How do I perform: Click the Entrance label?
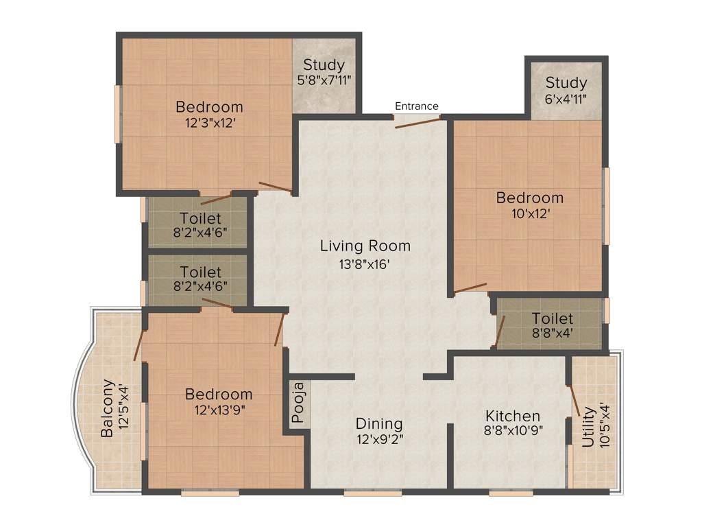416,106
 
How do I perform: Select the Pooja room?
298,406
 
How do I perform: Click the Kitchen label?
512,416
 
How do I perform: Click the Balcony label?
108,408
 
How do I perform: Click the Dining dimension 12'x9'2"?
379,440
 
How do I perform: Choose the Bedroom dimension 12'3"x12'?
209,124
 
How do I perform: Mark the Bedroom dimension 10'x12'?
529,213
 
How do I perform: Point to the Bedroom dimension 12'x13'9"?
219,410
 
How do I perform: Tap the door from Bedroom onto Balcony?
139,345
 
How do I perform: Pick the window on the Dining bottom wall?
363,492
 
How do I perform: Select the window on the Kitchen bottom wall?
511,492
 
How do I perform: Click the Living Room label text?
365,246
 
